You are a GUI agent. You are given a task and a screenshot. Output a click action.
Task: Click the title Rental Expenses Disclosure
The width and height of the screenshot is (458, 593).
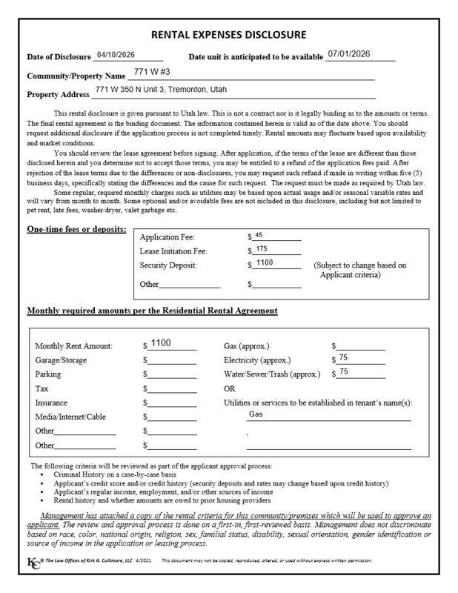point(228,35)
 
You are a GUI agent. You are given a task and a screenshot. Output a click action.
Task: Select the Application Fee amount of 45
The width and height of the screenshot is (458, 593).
point(259,235)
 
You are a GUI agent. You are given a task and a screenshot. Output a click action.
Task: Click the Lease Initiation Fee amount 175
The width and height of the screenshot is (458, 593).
point(261,249)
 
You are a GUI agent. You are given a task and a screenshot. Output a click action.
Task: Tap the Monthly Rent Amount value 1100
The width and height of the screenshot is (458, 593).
point(161,343)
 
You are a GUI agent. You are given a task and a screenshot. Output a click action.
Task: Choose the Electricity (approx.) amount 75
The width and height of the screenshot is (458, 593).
point(343,358)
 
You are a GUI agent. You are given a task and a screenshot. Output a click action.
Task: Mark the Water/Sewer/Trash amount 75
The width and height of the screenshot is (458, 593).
point(344,372)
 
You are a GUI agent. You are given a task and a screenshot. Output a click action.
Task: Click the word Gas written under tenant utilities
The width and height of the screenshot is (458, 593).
point(256,414)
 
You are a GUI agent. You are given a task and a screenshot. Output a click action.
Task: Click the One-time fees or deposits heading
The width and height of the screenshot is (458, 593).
point(76,228)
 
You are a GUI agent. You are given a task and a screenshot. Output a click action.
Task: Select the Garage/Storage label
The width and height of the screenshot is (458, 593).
point(61,360)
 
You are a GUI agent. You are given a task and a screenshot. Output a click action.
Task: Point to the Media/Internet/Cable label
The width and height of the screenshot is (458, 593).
point(70,417)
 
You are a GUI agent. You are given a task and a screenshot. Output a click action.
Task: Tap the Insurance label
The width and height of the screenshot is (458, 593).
point(52,402)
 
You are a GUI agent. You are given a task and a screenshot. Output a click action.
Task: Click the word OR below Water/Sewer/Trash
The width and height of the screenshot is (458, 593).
point(229,388)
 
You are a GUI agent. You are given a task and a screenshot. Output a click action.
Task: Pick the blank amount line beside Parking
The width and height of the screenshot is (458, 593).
point(171,375)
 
